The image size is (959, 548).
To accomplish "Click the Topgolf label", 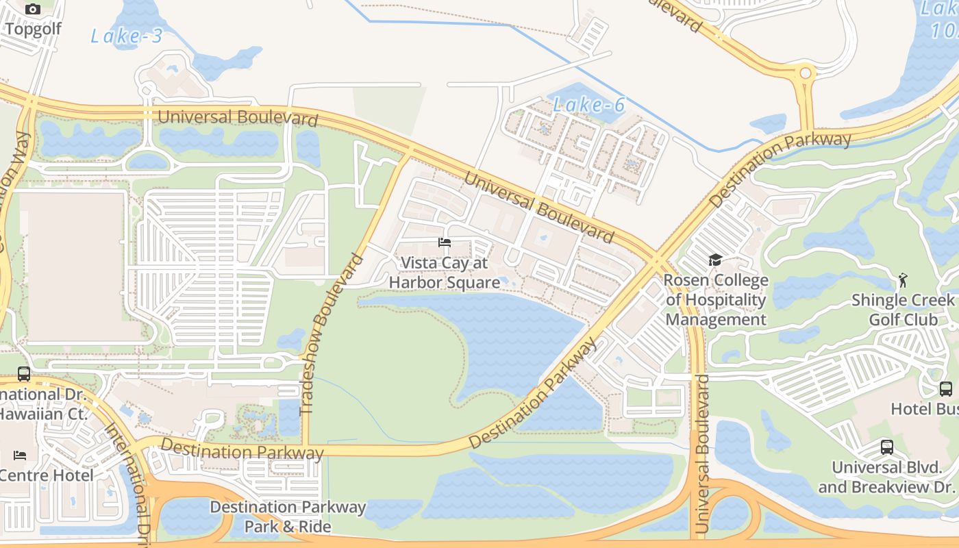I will pyautogui.click(x=33, y=29).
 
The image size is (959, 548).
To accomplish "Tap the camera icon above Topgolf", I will pyautogui.click(x=33, y=10).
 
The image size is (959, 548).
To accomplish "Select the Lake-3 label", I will pyautogui.click(x=127, y=36).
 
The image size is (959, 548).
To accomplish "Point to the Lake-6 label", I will pyautogui.click(x=589, y=105).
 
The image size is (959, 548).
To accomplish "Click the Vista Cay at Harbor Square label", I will pyautogui.click(x=444, y=273).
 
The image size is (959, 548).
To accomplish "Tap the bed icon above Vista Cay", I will pyautogui.click(x=445, y=242).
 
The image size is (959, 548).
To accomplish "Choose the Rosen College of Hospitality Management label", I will pyautogui.click(x=716, y=300).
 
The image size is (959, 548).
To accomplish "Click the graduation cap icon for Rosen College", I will pyautogui.click(x=715, y=260).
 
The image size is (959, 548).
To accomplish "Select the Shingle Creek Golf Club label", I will pyautogui.click(x=903, y=310).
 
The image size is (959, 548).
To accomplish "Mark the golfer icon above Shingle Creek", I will pyautogui.click(x=903, y=280).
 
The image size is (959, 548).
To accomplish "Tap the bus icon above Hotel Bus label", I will pyautogui.click(x=945, y=388).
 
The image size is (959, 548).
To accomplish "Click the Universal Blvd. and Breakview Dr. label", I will pyautogui.click(x=886, y=477).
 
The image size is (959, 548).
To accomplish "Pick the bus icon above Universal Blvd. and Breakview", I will pyautogui.click(x=886, y=447).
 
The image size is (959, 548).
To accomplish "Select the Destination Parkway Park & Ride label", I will pyautogui.click(x=288, y=516).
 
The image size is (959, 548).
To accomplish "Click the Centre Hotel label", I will pyautogui.click(x=47, y=475).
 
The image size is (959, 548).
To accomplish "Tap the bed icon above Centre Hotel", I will pyautogui.click(x=20, y=456).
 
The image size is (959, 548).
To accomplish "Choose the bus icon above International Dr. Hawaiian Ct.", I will pyautogui.click(x=24, y=374).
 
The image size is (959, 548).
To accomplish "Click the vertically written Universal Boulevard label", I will pyautogui.click(x=701, y=453).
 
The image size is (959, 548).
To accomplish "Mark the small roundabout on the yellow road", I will pyautogui.click(x=806, y=72).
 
